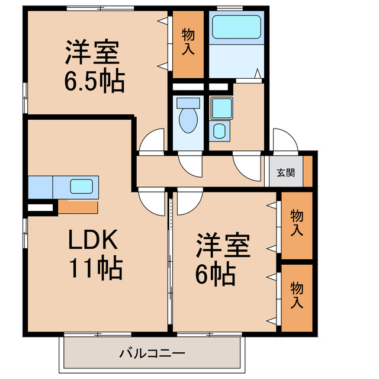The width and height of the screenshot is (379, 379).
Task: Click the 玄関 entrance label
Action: (285, 172)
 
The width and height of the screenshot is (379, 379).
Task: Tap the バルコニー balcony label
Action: (152, 354)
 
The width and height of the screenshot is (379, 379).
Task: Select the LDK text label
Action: (93, 239)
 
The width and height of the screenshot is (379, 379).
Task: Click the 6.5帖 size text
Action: (94, 81)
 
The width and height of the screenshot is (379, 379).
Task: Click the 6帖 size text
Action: (216, 274)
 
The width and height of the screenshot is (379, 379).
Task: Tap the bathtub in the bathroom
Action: (236, 27)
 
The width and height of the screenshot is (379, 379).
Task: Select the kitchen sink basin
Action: (82, 187)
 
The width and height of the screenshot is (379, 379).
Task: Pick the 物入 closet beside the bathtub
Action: (188, 44)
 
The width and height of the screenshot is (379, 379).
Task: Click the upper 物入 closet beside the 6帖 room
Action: (297, 226)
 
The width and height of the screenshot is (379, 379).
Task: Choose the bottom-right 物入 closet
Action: (297, 298)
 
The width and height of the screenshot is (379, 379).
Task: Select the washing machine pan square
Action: (222, 108)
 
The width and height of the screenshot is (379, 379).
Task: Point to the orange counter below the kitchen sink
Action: (78, 207)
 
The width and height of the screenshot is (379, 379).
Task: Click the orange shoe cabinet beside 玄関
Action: (308, 171)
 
